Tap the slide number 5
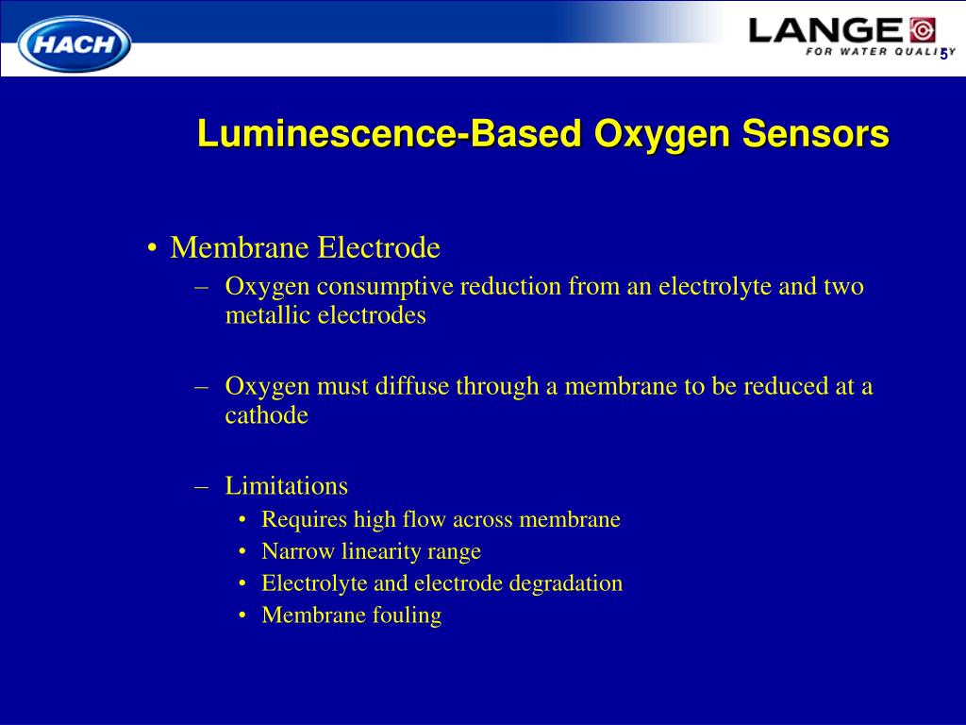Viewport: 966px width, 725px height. pos(943,54)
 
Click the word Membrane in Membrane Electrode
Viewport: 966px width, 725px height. pos(240,248)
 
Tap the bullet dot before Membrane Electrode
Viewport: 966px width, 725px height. pos(152,249)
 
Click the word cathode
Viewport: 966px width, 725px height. pos(266,415)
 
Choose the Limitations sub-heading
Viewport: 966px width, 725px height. pos(286,486)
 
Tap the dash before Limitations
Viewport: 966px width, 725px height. pos(201,486)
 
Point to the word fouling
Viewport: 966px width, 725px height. pos(407,615)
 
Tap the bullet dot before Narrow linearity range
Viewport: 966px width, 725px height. pos(243,552)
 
